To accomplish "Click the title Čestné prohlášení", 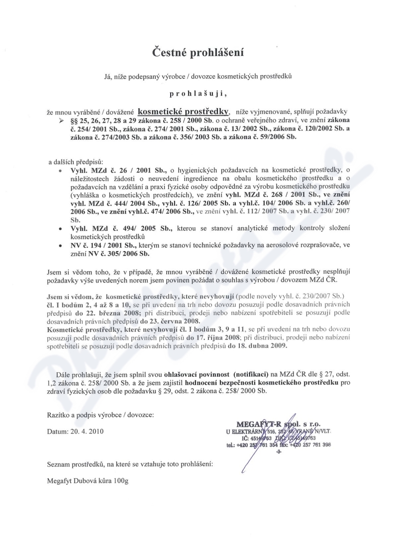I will tap(199, 52).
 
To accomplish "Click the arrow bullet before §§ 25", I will tap(62, 121).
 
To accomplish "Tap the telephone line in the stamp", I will tap(278, 445).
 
